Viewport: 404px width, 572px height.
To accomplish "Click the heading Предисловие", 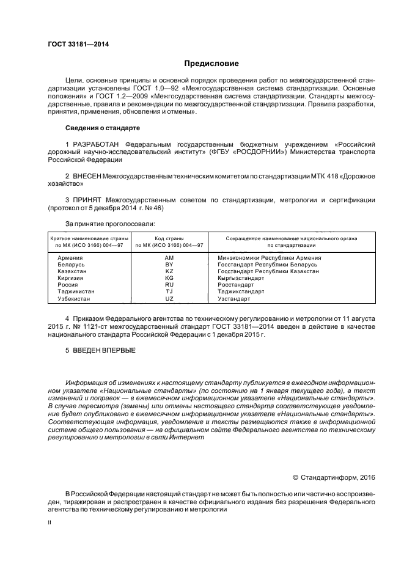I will [x=212, y=63].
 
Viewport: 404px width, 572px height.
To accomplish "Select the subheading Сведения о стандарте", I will [x=103, y=128].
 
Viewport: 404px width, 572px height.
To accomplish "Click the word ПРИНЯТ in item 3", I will [x=86, y=200].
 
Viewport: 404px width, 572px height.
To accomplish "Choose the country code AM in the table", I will [x=169, y=258].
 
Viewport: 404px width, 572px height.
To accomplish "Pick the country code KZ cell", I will [x=169, y=271].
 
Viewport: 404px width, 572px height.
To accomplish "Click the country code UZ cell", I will [x=169, y=299].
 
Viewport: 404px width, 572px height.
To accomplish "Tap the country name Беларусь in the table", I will [x=72, y=265].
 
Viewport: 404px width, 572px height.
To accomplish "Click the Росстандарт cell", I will [x=236, y=285].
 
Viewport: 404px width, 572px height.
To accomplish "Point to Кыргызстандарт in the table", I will [x=241, y=278].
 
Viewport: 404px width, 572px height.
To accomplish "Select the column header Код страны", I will [x=169, y=238].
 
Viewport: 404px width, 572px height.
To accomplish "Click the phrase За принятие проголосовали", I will [x=110, y=224].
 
